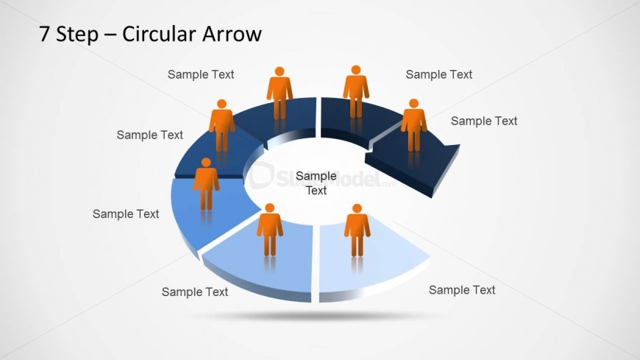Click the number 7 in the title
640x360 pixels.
(44, 34)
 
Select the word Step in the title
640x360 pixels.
(77, 34)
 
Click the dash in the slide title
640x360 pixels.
(110, 35)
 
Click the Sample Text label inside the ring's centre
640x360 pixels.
(316, 183)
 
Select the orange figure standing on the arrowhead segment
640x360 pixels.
(413, 125)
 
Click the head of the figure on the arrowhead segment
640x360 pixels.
(414, 103)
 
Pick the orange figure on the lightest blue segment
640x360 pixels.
(357, 230)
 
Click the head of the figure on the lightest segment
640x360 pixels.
(357, 208)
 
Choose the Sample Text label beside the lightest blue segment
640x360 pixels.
(462, 290)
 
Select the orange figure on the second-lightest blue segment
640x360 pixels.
(270, 230)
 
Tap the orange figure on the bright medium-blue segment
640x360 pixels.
(206, 184)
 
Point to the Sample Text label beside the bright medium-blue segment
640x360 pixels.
(126, 213)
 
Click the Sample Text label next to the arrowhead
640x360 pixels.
(483, 121)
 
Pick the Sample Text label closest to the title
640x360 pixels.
(201, 74)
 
